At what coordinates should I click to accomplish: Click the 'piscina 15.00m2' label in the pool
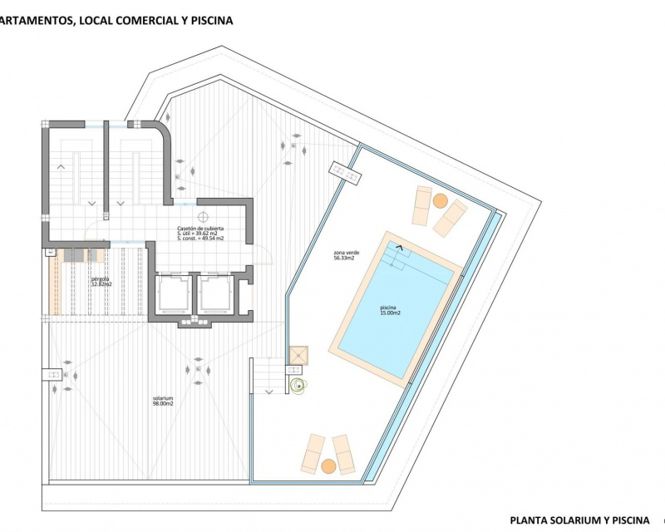tap(391, 311)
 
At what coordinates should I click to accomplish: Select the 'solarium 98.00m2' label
tap(162, 400)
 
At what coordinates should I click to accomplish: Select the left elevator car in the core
tap(171, 294)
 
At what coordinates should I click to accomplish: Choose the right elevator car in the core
tap(212, 294)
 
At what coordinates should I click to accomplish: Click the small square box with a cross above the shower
tap(297, 355)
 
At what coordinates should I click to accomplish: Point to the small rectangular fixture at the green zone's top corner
tap(346, 173)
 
